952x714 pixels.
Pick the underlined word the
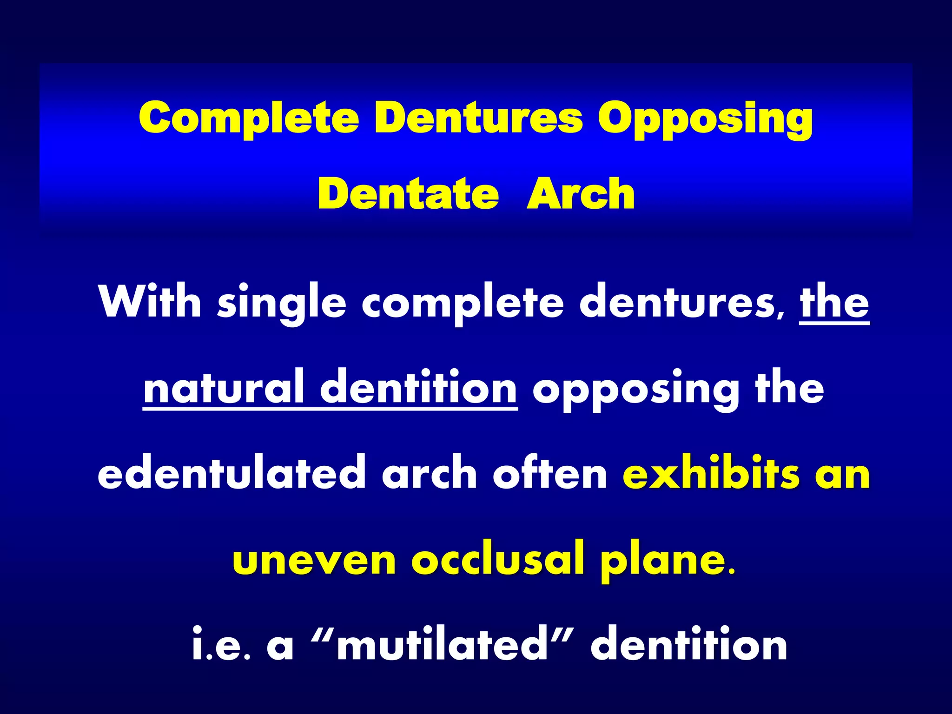click(834, 302)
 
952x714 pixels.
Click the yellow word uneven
click(314, 560)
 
